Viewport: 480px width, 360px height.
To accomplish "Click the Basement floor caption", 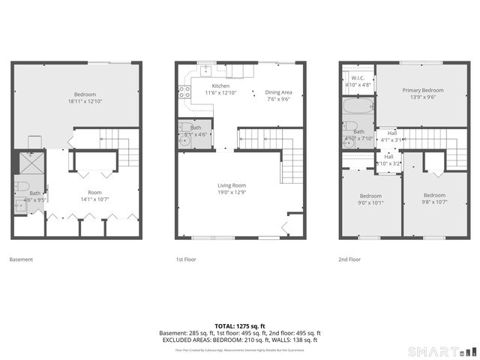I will coord(21,259).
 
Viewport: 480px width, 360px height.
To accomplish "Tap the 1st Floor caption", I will coord(185,259).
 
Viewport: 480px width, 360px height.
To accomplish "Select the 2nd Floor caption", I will coord(350,259).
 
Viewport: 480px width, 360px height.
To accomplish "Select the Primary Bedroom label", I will coord(422,93).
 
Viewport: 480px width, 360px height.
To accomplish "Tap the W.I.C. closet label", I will coord(357,80).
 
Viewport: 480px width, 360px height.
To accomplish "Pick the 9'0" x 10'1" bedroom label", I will coord(370,199).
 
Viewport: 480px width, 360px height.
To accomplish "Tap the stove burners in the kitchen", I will coord(183,92).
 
